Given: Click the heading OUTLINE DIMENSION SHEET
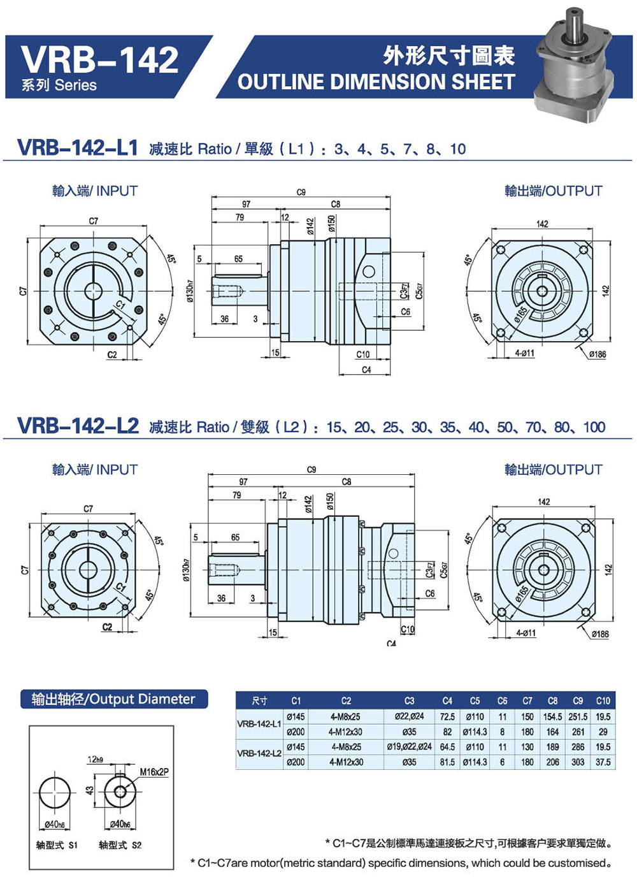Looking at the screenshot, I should [376, 82].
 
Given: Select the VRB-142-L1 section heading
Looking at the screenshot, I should [78, 148].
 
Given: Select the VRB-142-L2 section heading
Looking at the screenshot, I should [78, 426].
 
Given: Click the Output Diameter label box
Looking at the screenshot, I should [114, 699].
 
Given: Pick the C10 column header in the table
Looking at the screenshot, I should [603, 700].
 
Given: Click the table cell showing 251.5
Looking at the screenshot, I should [578, 716].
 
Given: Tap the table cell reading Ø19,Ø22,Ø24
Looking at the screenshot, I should [409, 746].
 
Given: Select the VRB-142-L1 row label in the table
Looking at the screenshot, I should [259, 724].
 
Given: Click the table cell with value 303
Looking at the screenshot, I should [578, 762].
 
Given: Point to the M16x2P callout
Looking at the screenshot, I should [154, 772].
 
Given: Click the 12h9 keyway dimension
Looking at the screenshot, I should [96, 759].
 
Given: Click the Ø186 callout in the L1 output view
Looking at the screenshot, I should [598, 354].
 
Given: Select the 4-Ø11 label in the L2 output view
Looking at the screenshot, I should [526, 633].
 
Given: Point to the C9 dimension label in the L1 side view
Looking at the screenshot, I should [301, 192].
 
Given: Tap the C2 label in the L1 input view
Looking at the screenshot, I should [112, 355].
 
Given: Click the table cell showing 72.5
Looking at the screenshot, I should [447, 716].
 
